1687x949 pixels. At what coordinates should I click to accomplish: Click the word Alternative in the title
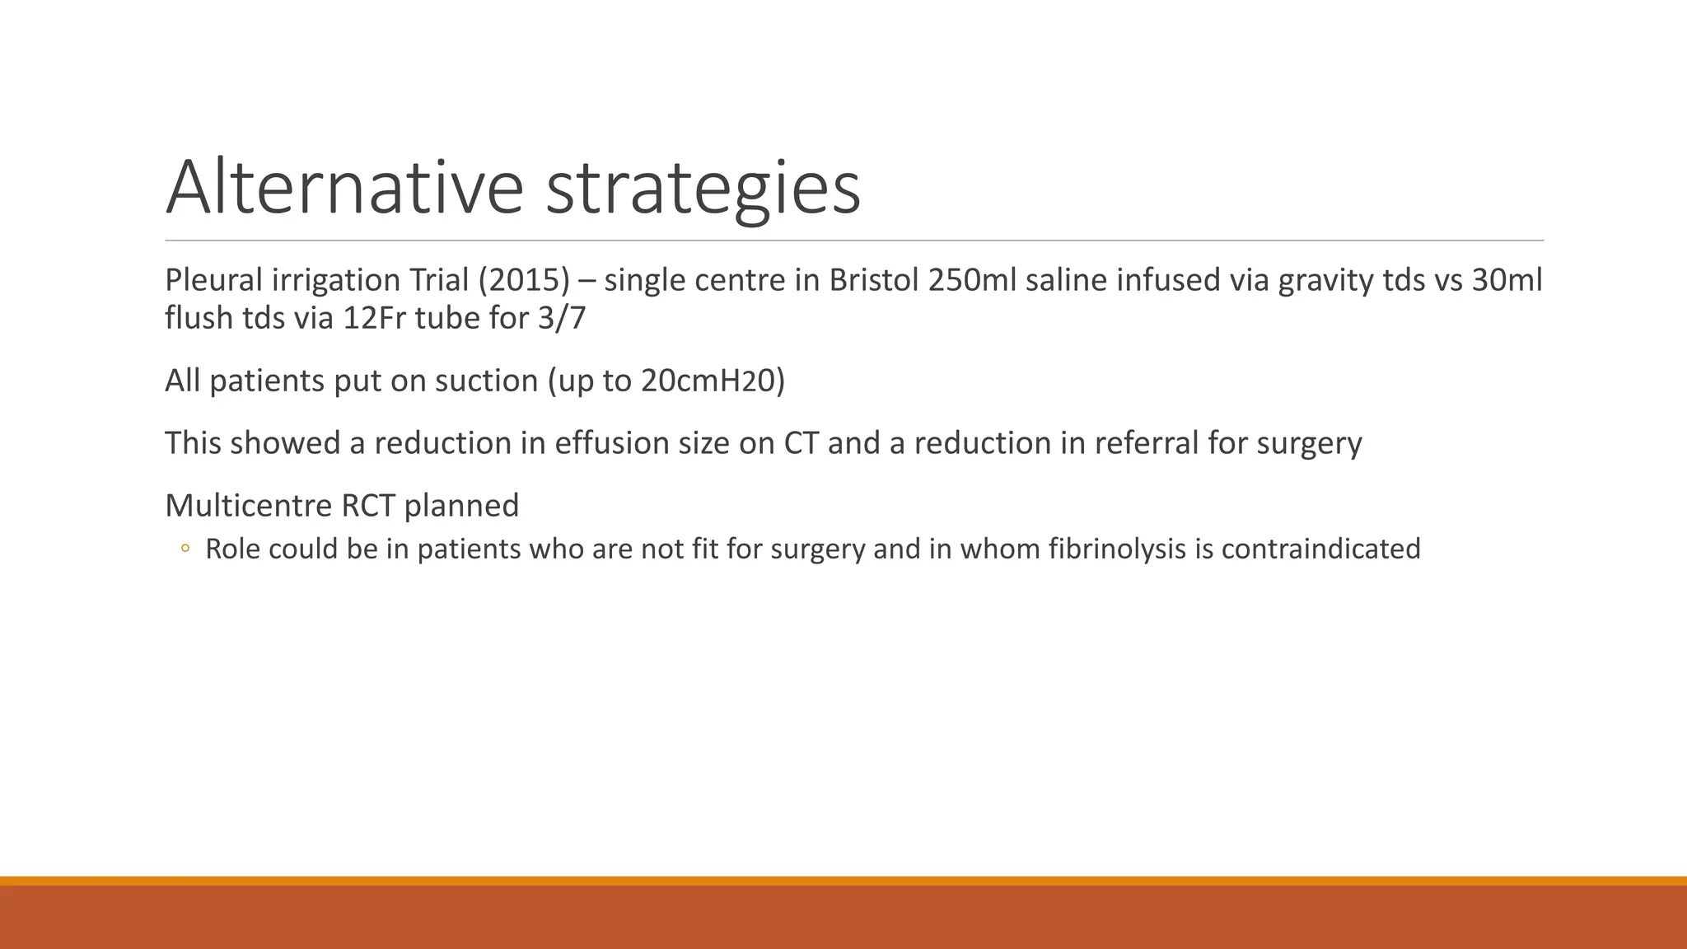(344, 188)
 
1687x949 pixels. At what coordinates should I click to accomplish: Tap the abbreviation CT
(801, 443)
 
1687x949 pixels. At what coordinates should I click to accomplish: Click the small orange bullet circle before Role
(185, 549)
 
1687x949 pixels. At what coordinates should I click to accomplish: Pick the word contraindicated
(1320, 549)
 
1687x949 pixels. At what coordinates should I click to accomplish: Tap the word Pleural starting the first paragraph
(213, 280)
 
